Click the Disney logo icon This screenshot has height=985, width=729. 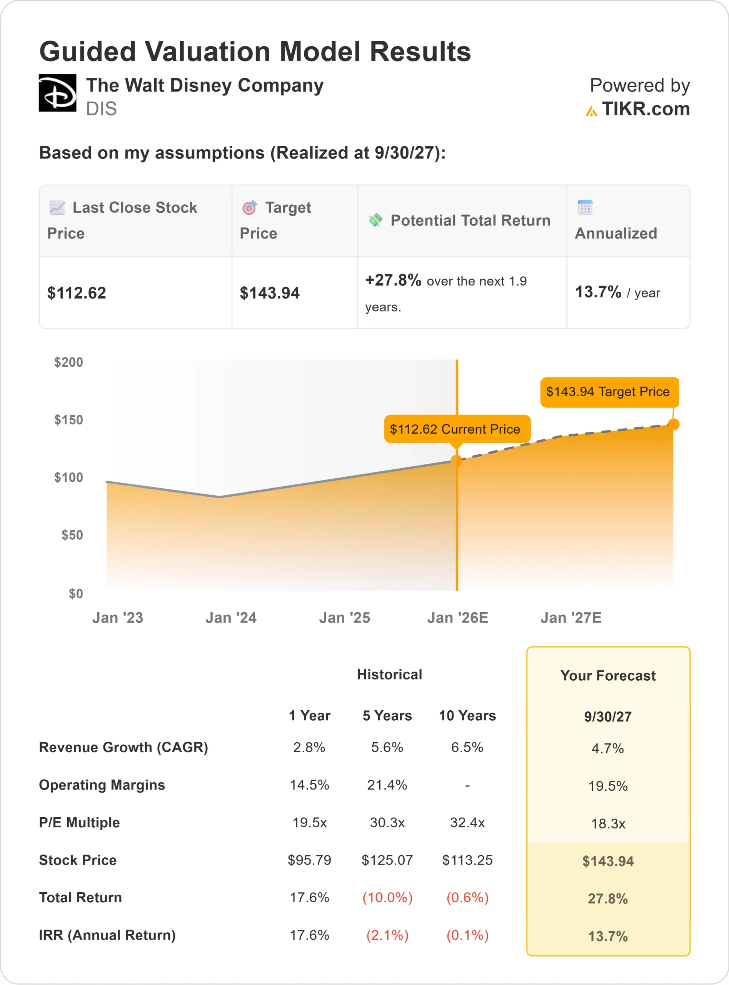tap(57, 93)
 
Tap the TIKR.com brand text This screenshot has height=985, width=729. tap(645, 109)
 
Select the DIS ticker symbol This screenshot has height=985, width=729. tap(102, 109)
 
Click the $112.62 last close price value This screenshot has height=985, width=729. tap(77, 293)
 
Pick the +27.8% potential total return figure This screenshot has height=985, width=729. tap(393, 280)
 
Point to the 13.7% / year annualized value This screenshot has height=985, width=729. tap(617, 292)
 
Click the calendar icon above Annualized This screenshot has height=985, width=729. tap(585, 207)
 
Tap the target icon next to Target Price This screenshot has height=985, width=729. tap(249, 207)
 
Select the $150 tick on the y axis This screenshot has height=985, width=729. tap(68, 420)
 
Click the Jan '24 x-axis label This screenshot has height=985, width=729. tap(231, 618)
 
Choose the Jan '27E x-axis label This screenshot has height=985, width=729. tap(571, 618)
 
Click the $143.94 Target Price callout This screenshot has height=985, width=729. tap(609, 392)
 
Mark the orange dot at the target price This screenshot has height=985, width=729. tap(673, 424)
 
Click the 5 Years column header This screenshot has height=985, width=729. tap(387, 716)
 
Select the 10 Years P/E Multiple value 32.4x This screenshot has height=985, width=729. tap(467, 823)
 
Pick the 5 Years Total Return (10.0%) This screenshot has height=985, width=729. tap(387, 898)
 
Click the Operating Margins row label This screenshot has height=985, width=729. tap(102, 785)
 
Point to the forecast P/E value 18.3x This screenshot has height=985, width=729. tap(608, 823)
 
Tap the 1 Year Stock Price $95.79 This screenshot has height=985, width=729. tap(309, 860)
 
